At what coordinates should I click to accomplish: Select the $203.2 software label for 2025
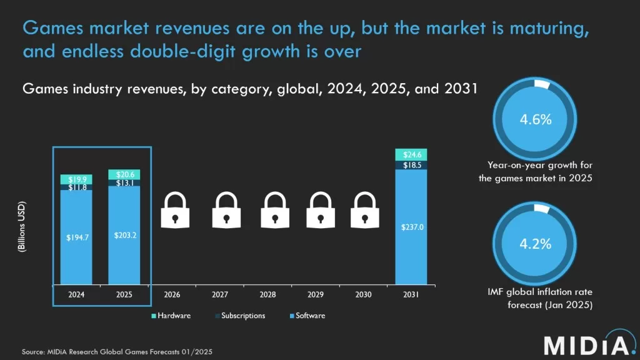124,236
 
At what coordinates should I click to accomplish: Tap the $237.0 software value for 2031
411,227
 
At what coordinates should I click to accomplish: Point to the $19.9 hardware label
76,179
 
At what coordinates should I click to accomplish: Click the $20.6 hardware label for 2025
124,174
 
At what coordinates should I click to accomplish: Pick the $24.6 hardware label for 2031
411,154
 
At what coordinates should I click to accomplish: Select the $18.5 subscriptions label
411,165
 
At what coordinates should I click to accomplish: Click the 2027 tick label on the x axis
219,293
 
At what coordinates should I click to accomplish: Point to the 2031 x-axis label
411,293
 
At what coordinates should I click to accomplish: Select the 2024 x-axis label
76,293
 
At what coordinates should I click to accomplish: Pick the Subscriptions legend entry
242,316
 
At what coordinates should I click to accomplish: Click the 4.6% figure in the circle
536,119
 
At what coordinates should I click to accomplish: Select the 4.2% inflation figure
536,244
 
